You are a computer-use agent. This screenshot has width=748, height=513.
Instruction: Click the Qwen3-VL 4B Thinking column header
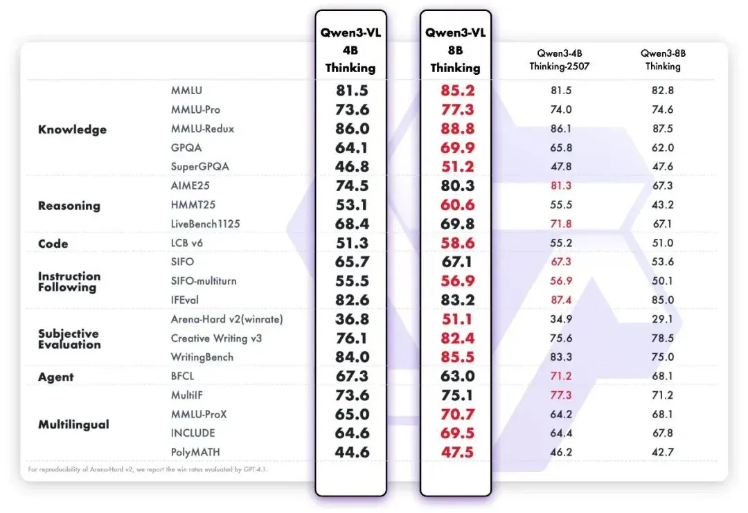(350, 50)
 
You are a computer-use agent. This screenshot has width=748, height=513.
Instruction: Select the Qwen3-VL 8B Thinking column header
(456, 50)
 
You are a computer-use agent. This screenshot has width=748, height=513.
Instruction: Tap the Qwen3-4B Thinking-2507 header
(560, 60)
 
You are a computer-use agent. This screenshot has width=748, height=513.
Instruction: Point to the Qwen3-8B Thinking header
(663, 60)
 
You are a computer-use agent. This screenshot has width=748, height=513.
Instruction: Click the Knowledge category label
(73, 129)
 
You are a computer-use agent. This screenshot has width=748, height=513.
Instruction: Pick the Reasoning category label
(69, 206)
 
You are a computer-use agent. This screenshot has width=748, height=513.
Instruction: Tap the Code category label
(53, 244)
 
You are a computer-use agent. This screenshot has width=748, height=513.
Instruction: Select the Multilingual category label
(73, 424)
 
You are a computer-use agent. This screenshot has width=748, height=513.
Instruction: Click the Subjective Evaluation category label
(69, 339)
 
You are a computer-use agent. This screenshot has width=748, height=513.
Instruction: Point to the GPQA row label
(186, 147)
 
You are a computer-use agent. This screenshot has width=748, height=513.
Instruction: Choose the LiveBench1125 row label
(205, 224)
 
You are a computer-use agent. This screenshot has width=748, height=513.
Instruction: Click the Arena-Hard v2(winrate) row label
(226, 319)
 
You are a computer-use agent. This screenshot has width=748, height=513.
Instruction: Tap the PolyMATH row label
(195, 452)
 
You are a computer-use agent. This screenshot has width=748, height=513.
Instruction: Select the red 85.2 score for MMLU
(458, 91)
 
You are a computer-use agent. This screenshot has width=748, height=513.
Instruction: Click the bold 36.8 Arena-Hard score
(352, 319)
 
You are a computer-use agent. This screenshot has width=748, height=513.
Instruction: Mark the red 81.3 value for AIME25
(561, 186)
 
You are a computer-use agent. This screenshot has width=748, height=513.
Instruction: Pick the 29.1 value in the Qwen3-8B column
(663, 319)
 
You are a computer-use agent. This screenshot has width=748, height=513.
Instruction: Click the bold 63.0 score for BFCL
(458, 376)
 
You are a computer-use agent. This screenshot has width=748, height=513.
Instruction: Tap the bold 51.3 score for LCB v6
(352, 243)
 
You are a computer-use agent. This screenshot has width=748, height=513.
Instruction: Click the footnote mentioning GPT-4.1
(148, 469)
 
